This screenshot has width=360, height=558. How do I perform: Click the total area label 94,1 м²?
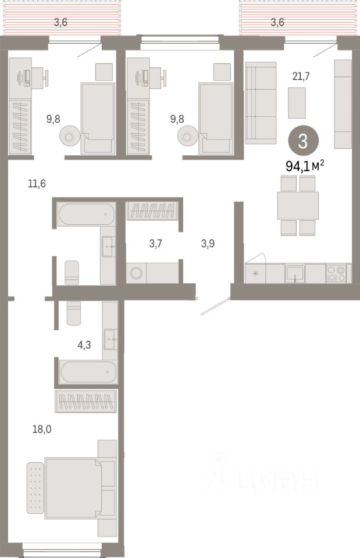(304, 166)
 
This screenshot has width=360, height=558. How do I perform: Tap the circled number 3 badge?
(302, 141)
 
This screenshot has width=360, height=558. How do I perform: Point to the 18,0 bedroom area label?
(42, 430)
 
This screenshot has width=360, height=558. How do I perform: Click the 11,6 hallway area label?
(37, 184)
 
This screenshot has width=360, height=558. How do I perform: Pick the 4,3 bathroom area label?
(84, 345)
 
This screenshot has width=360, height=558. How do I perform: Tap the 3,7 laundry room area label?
(155, 244)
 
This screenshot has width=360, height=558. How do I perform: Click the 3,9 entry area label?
(208, 244)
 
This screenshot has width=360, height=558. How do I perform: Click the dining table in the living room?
(298, 205)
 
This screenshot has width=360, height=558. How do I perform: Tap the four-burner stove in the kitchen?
(336, 273)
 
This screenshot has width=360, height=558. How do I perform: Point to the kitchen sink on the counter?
(295, 273)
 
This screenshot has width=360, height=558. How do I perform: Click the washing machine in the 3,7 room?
(137, 273)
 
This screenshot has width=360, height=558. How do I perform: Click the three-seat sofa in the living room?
(261, 103)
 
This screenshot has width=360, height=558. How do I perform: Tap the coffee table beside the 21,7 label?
(297, 102)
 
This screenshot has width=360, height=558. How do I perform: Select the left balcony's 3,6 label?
(60, 23)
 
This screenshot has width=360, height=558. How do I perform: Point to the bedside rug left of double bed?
(35, 487)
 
